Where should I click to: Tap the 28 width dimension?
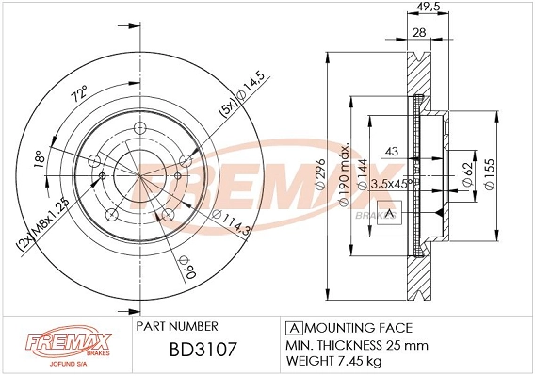421,34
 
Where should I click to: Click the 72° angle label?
79,94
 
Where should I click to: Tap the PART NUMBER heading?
179,326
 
